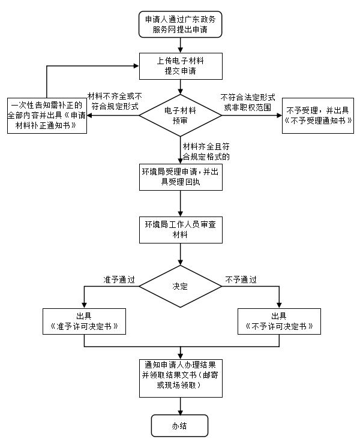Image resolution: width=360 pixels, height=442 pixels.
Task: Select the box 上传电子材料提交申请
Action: [x=180, y=65]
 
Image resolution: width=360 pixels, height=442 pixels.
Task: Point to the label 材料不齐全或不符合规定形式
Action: [x=115, y=101]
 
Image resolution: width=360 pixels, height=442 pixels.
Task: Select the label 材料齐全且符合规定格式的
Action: [x=206, y=151]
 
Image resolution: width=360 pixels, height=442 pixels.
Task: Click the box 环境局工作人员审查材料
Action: [x=180, y=229]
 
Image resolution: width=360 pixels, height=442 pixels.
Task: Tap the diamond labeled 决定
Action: [x=180, y=286]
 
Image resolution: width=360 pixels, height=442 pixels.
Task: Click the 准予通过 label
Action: [x=119, y=279]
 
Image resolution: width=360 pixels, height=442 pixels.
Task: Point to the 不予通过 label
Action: [x=241, y=279]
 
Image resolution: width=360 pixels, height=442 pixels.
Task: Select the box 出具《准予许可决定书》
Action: [x=84, y=321]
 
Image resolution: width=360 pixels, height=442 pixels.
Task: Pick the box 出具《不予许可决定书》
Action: [x=279, y=321]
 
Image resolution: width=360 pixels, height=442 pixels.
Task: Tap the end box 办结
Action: [x=180, y=425]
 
